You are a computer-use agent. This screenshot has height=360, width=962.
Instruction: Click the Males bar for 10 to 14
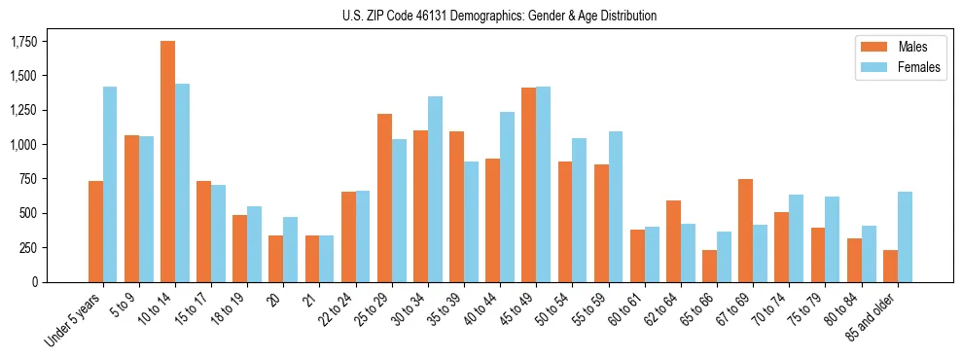pos(167,162)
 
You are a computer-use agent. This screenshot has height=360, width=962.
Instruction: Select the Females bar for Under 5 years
pos(110,184)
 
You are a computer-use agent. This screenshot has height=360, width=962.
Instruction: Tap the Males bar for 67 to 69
pos(745,231)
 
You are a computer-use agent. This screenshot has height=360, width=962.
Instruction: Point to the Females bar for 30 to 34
pos(435,189)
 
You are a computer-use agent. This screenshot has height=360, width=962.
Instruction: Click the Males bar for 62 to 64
pos(673,241)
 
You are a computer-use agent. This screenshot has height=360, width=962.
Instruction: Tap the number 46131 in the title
pos(413,16)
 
